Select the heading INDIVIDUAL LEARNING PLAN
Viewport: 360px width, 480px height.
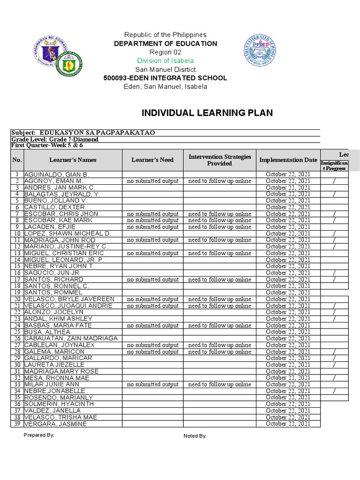pos(207,112)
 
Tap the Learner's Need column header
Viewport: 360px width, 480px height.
pos(152,160)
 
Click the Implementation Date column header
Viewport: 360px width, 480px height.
pos(288,160)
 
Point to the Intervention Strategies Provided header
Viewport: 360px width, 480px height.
pos(219,160)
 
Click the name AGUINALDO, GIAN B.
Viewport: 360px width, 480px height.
pos(56,174)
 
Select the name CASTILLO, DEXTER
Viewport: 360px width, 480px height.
pos(54,207)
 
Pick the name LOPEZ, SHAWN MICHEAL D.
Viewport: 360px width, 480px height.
pos(67,233)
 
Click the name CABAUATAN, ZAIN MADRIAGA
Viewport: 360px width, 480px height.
pos(70,338)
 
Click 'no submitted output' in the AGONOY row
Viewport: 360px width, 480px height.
pos(152,181)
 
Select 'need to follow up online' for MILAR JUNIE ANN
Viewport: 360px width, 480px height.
pos(219,384)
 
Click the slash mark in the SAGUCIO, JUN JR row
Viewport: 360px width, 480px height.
pos(334,273)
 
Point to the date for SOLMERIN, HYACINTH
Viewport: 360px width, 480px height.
pos(288,404)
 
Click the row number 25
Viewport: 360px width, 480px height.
pos(17,332)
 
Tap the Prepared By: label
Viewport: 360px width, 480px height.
pos(39,435)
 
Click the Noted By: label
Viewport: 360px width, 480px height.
pos(195,436)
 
